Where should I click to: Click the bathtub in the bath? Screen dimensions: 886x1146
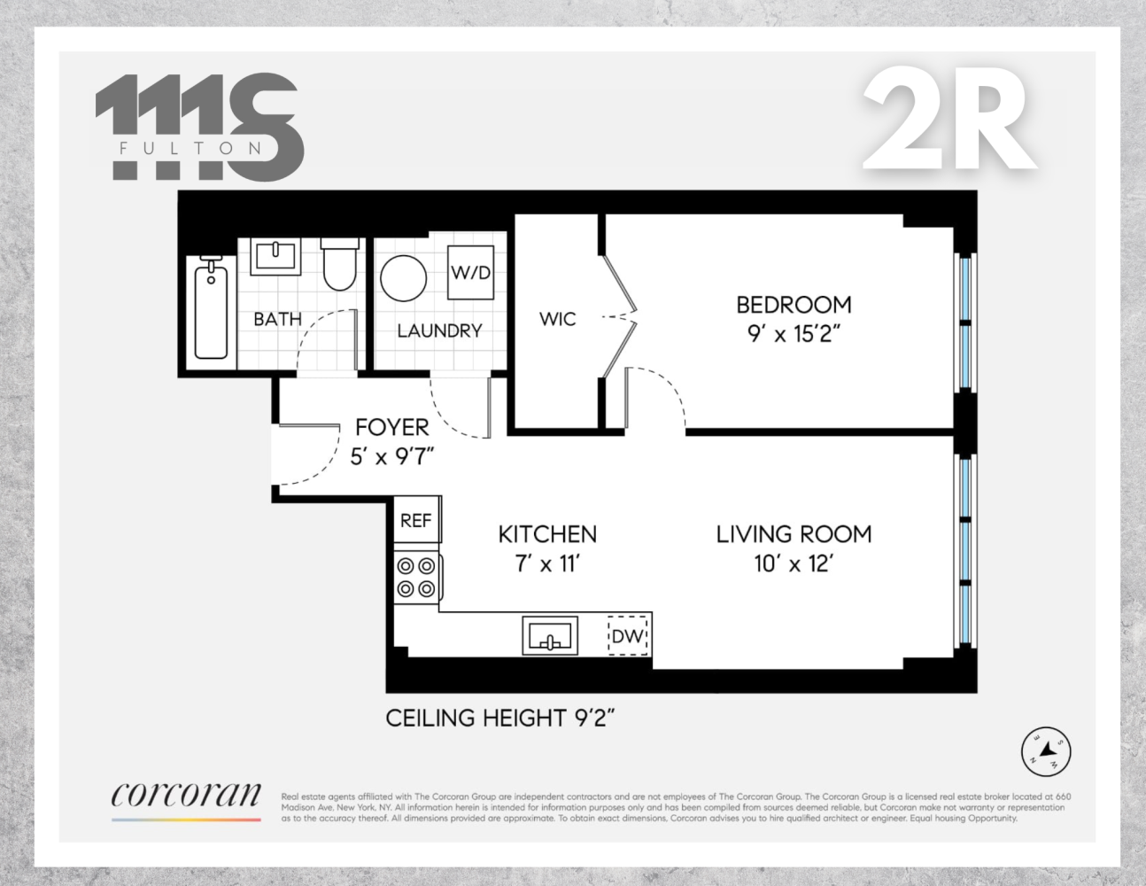pos(211,307)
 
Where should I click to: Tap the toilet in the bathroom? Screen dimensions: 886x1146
pos(338,264)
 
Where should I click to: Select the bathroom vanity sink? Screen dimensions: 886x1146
pos(274,257)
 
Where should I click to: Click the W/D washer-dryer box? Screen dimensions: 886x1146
pos(470,272)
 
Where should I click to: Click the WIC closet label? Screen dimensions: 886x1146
pos(557,319)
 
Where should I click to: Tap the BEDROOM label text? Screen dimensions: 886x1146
pos(794,305)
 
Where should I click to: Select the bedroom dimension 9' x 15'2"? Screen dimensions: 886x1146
pos(794,335)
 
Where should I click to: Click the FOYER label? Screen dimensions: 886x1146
pos(391,427)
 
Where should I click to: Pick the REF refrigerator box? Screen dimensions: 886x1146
pos(416,520)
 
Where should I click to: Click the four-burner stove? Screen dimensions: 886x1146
pos(417,577)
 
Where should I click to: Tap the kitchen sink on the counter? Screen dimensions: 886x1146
pos(549,636)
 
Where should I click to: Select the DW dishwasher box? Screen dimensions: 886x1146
pos(628,636)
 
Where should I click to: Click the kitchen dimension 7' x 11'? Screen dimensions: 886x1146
pos(547,563)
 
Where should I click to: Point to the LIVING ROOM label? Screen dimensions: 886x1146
pos(794,534)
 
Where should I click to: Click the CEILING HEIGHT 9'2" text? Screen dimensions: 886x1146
pos(500,718)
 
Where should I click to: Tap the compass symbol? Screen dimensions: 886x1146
pos(1046,752)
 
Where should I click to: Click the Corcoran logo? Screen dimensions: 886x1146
pos(186,797)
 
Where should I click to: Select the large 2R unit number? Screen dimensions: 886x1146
pos(949,121)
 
